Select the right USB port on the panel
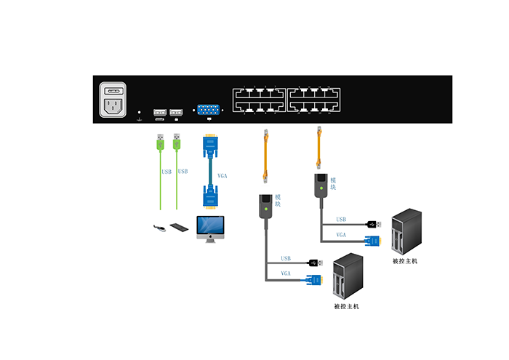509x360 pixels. tap(176, 113)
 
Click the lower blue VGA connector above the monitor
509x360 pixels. tap(209, 196)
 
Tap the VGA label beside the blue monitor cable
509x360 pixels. tap(223, 175)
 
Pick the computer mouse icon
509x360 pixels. tap(160, 228)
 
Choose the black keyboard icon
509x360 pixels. tap(179, 228)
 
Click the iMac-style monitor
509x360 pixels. tap(211, 228)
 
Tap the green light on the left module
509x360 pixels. tap(266, 209)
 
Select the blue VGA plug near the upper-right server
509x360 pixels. tap(372, 240)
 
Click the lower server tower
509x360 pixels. tap(346, 279)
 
